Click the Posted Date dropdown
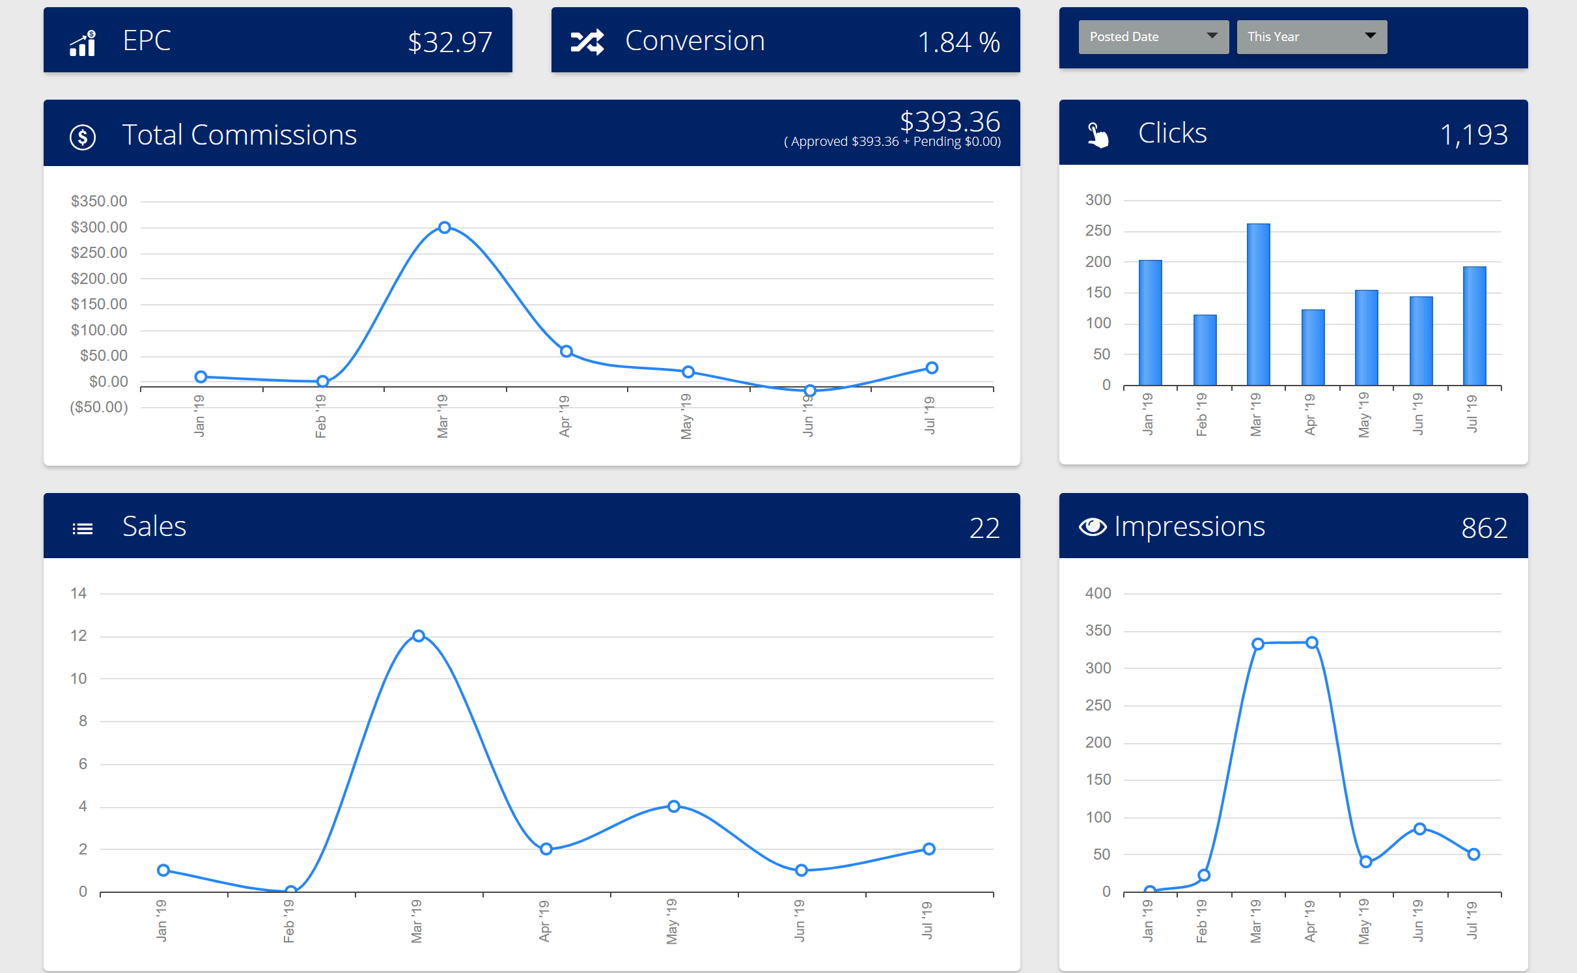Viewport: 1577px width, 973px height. point(1152,36)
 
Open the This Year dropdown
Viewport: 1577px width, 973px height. point(1311,36)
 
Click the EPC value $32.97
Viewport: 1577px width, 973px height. point(449,42)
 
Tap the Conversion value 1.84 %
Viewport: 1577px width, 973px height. point(958,42)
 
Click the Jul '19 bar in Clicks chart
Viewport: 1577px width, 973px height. point(1474,326)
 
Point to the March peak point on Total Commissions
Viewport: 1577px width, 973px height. point(444,227)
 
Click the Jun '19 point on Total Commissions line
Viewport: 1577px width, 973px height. point(809,390)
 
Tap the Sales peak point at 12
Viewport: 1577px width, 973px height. point(419,636)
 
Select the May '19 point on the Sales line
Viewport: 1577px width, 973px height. point(674,806)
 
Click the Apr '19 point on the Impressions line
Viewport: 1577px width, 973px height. point(1312,643)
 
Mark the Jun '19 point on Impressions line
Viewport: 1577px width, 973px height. point(1420,828)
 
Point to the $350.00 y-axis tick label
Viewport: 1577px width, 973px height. point(99,201)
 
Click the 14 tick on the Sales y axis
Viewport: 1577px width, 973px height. point(79,593)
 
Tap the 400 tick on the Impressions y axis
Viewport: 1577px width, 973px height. point(1098,593)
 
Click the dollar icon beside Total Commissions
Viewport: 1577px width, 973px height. point(83,137)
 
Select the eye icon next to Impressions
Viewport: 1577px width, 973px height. point(1093,527)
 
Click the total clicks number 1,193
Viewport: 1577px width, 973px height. point(1473,135)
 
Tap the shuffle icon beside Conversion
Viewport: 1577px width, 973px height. point(587,42)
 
